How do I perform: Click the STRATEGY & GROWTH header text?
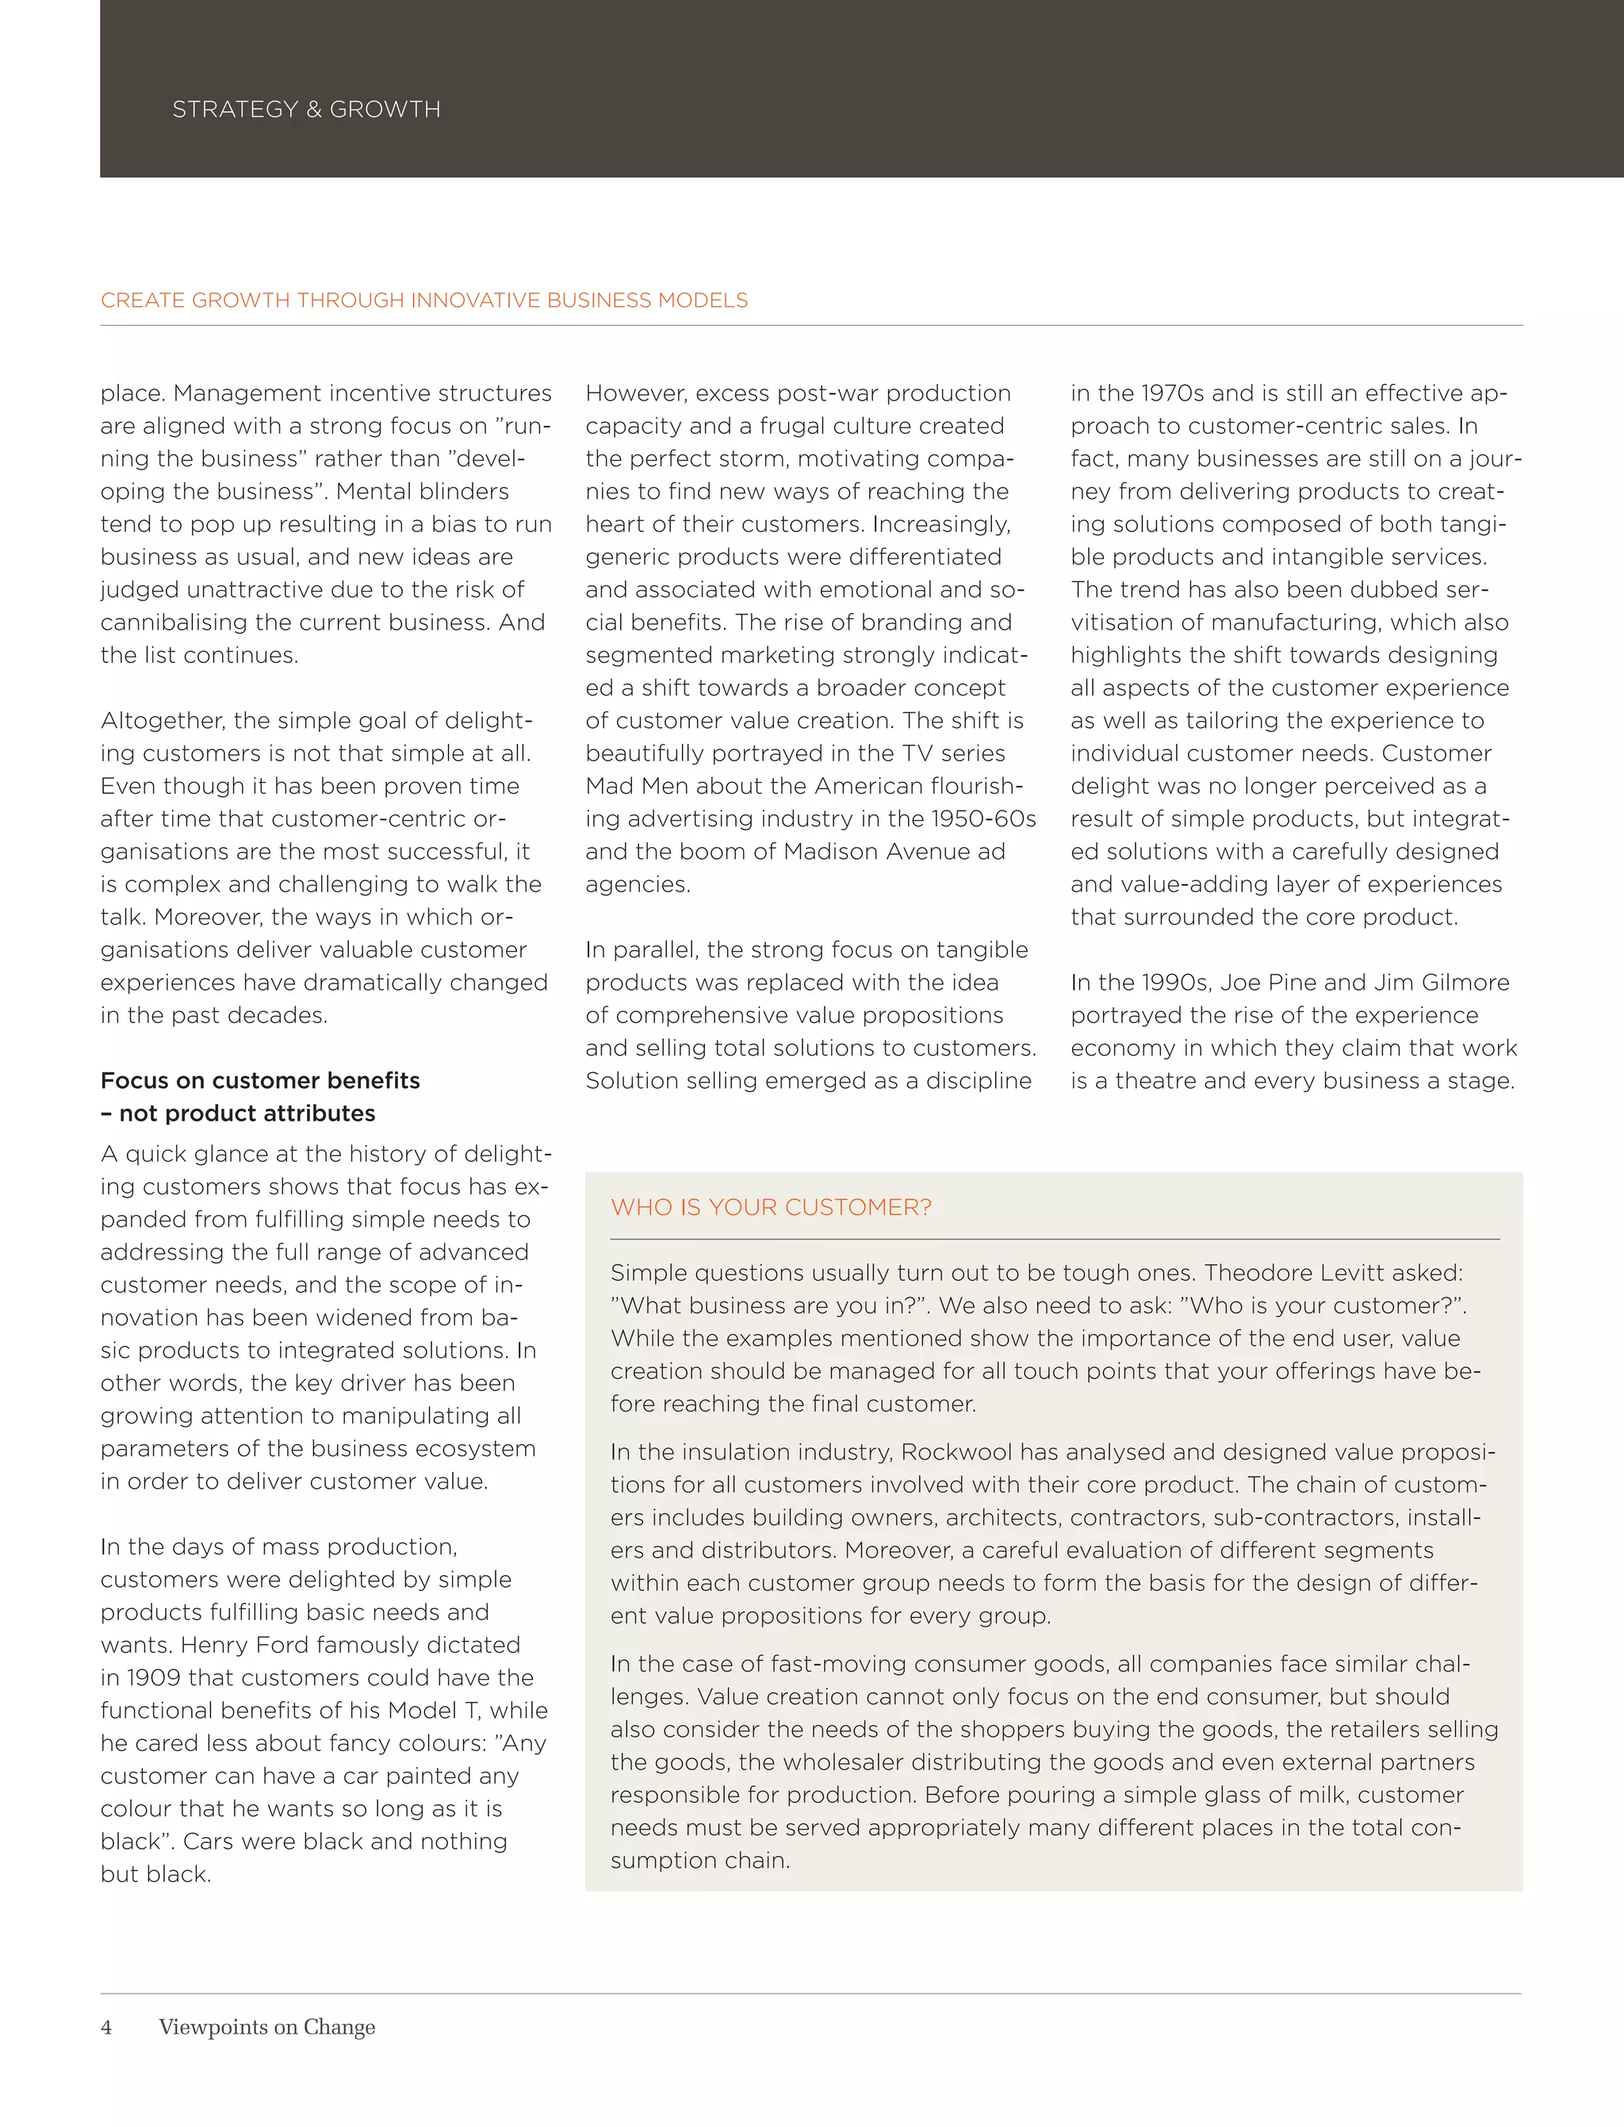tap(305, 109)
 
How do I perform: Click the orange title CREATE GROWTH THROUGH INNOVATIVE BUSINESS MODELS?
tap(423, 301)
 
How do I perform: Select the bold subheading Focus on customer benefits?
tap(260, 1080)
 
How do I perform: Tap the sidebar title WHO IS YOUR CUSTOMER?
tap(771, 1208)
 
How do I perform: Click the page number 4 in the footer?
tap(106, 2026)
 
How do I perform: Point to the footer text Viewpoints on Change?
tap(266, 2026)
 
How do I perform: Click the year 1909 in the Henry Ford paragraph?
tap(154, 1677)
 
